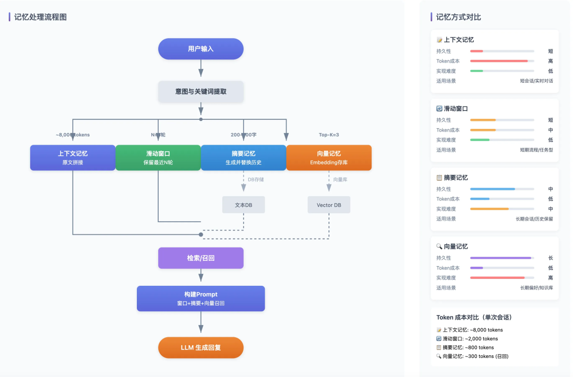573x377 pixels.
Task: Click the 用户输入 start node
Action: pos(201,49)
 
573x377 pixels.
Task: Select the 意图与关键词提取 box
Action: pos(201,91)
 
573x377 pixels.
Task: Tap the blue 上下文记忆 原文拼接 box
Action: pos(73,157)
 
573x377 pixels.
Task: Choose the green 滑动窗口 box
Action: pos(158,157)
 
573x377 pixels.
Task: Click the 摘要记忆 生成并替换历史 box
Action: pos(244,157)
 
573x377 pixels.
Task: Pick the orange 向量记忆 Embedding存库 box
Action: pos(329,157)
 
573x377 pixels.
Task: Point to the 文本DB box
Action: pos(244,205)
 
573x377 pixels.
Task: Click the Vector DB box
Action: pos(329,205)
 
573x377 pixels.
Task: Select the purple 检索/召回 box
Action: pos(201,258)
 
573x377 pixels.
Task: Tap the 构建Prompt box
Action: pos(201,299)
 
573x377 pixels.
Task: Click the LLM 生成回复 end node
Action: pos(201,347)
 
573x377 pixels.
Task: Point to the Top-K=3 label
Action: pos(329,135)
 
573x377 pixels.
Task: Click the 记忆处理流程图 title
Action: pos(40,17)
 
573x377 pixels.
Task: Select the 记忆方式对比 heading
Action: pos(458,17)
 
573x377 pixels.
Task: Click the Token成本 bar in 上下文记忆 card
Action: pos(502,61)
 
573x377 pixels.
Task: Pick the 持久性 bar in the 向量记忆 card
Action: pos(502,258)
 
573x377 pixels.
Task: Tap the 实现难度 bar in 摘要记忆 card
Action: pos(502,208)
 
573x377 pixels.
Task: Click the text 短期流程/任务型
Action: pos(536,150)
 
